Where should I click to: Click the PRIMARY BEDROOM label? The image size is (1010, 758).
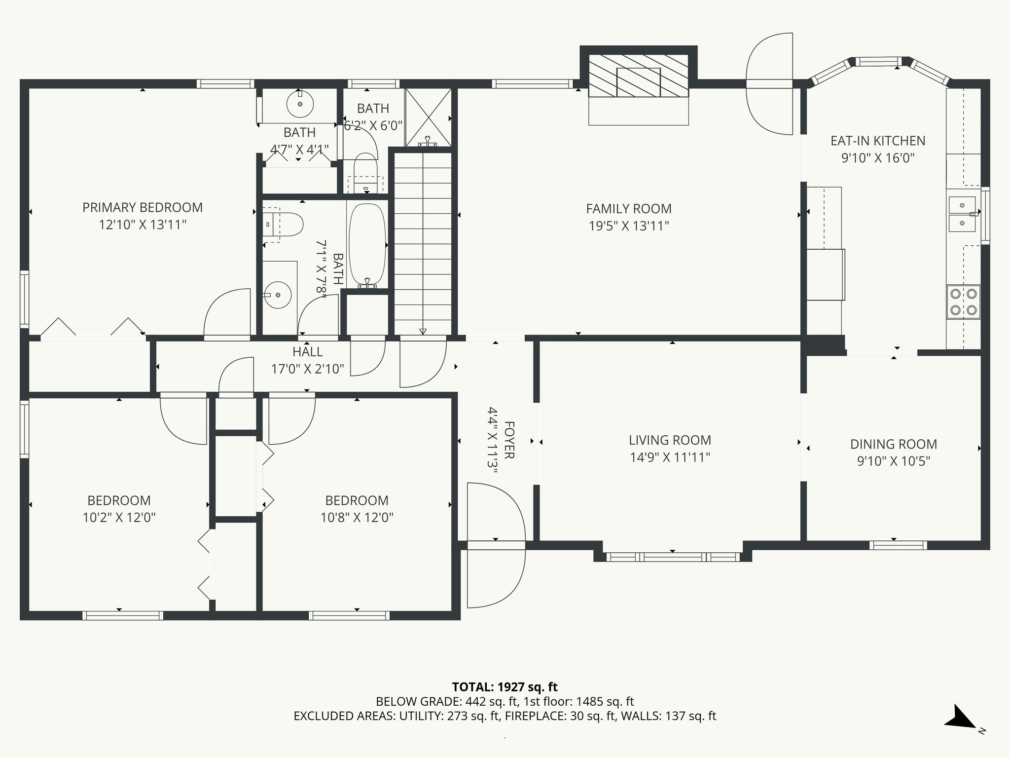143,207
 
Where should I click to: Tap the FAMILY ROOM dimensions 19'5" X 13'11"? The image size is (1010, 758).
629,226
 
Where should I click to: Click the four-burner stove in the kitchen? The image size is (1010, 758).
963,302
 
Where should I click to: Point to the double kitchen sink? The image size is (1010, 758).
962,214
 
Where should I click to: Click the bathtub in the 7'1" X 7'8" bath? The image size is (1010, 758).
367,245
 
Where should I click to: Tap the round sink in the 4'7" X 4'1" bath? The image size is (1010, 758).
300,104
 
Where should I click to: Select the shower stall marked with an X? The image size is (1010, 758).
428,118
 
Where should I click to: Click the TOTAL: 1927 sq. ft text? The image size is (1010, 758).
505,687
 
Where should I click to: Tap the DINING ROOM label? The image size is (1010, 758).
894,444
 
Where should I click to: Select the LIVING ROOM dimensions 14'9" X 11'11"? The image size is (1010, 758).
670,457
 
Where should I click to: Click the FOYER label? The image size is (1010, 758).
509,440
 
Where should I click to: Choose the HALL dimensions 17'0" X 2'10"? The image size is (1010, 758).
307,369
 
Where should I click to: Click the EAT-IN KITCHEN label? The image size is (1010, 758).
878,141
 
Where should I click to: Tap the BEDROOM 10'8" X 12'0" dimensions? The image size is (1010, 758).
357,518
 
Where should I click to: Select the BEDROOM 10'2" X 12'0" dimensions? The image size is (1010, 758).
119,518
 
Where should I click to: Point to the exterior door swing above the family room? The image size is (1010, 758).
770,83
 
